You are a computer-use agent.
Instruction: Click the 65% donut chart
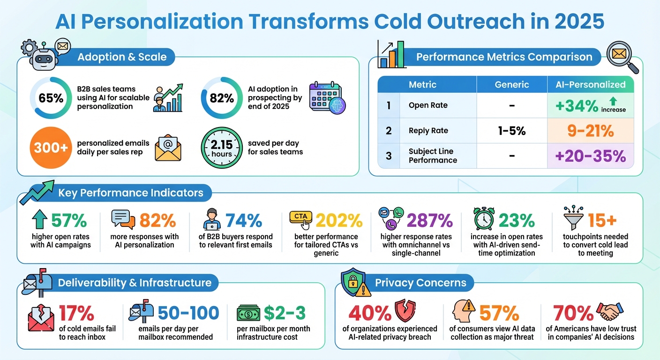click(51, 98)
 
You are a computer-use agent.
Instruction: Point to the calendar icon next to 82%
click(326, 98)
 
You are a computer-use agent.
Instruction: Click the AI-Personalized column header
click(591, 84)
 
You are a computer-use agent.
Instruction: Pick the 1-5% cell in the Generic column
click(512, 131)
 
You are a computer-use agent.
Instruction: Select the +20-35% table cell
click(591, 156)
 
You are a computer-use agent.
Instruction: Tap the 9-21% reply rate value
click(591, 131)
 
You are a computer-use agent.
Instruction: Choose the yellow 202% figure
click(339, 220)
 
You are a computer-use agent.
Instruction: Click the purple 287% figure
click(429, 220)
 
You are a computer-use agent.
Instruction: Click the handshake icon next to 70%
click(609, 311)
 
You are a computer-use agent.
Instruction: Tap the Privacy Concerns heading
click(420, 283)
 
